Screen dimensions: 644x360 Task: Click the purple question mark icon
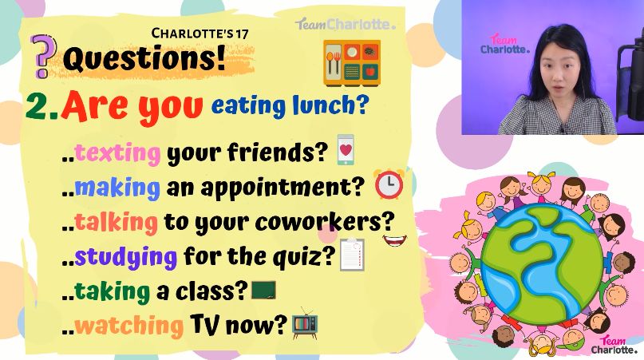[44, 57]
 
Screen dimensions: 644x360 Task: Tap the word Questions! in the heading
[144, 58]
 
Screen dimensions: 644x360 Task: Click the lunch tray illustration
[352, 63]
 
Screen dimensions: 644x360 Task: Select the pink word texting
[117, 153]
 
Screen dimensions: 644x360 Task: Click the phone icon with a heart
[346, 149]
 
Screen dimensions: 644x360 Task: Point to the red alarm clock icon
[389, 184]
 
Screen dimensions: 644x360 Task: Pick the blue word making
[117, 188]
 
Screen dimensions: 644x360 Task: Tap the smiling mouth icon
[395, 240]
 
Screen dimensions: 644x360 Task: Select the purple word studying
[125, 258]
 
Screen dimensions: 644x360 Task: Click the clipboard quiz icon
[352, 255]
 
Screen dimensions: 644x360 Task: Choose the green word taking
[113, 291]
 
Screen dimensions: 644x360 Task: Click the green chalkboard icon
[263, 290]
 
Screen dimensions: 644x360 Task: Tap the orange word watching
[128, 326]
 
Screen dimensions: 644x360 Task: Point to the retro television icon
[305, 323]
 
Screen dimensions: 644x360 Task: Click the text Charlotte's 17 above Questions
[200, 34]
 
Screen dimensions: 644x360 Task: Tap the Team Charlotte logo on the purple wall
[505, 44]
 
